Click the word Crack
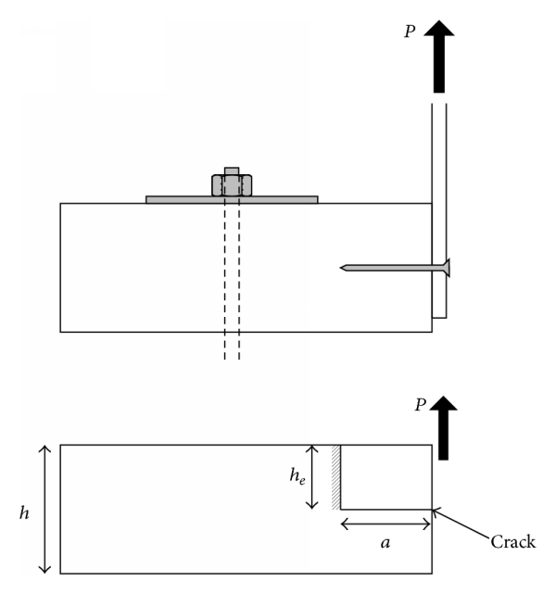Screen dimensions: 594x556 (512, 542)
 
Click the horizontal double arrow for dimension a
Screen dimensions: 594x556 (385, 524)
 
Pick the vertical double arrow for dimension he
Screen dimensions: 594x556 (313, 476)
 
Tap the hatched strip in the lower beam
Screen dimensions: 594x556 (335, 476)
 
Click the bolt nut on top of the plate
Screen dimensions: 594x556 (232, 183)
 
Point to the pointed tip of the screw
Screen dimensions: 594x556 (344, 268)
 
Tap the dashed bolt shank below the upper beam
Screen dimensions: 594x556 (232, 347)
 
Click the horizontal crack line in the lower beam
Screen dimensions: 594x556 (385, 509)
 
